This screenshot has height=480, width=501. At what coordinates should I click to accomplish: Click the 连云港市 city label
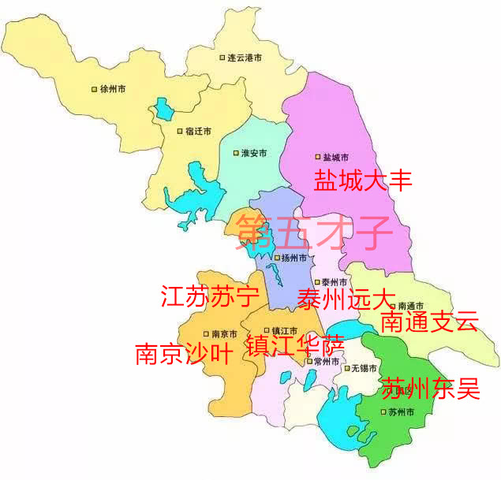point(245,58)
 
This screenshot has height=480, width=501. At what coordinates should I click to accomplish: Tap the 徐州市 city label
point(114,89)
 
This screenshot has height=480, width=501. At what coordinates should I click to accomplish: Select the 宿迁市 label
point(198,132)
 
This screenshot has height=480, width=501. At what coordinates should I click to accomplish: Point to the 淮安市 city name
point(253,153)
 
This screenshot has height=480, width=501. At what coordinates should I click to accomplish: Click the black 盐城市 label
point(335,158)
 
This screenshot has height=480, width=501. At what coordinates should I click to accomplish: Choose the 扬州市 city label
point(293,258)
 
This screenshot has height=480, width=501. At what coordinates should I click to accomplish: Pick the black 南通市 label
point(410,306)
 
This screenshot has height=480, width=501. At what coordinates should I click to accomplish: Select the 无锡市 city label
point(365,368)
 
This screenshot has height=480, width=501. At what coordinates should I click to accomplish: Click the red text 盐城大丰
point(364,180)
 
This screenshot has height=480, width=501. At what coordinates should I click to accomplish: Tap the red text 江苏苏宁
point(210,297)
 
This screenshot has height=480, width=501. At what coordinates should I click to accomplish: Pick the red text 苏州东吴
point(430,388)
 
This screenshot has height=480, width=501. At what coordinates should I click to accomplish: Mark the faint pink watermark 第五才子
point(313,230)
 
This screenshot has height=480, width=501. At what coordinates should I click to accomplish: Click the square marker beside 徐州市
point(95,89)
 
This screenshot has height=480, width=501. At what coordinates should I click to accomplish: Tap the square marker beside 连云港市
point(222,58)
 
